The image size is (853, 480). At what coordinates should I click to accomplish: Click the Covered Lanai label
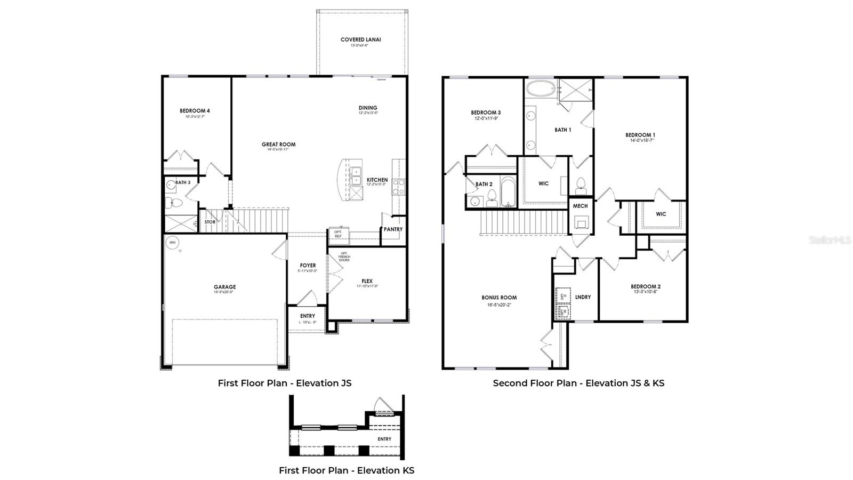pyautogui.click(x=361, y=39)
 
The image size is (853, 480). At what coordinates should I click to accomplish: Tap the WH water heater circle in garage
pyautogui.click(x=172, y=243)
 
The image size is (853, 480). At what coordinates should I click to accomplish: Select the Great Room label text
pyautogui.click(x=278, y=145)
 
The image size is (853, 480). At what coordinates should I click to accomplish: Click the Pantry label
pyautogui.click(x=393, y=229)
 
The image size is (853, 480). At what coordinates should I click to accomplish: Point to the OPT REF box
pyautogui.click(x=338, y=234)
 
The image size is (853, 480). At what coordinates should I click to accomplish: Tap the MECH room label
pyautogui.click(x=580, y=206)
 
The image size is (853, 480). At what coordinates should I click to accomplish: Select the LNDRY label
pyautogui.click(x=583, y=297)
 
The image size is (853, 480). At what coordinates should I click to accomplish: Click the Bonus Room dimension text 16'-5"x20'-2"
pyautogui.click(x=499, y=305)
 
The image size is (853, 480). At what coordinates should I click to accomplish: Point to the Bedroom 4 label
pyautogui.click(x=195, y=111)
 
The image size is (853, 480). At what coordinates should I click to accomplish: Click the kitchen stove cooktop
pyautogui.click(x=398, y=186)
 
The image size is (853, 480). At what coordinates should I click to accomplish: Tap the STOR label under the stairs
pyautogui.click(x=210, y=222)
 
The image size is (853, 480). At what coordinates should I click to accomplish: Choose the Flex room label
pyautogui.click(x=367, y=281)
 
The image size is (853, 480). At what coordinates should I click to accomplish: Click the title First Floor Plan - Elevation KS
pyautogui.click(x=347, y=470)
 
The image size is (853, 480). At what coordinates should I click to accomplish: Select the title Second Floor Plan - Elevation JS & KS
pyautogui.click(x=578, y=383)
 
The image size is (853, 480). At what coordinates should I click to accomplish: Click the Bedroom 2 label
pyautogui.click(x=646, y=286)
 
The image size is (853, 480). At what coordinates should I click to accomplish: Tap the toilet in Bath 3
pyautogui.click(x=174, y=203)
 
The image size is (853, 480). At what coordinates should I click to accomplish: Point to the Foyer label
pyautogui.click(x=308, y=265)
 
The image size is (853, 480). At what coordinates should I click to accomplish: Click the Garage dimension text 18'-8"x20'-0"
pyautogui.click(x=224, y=292)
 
